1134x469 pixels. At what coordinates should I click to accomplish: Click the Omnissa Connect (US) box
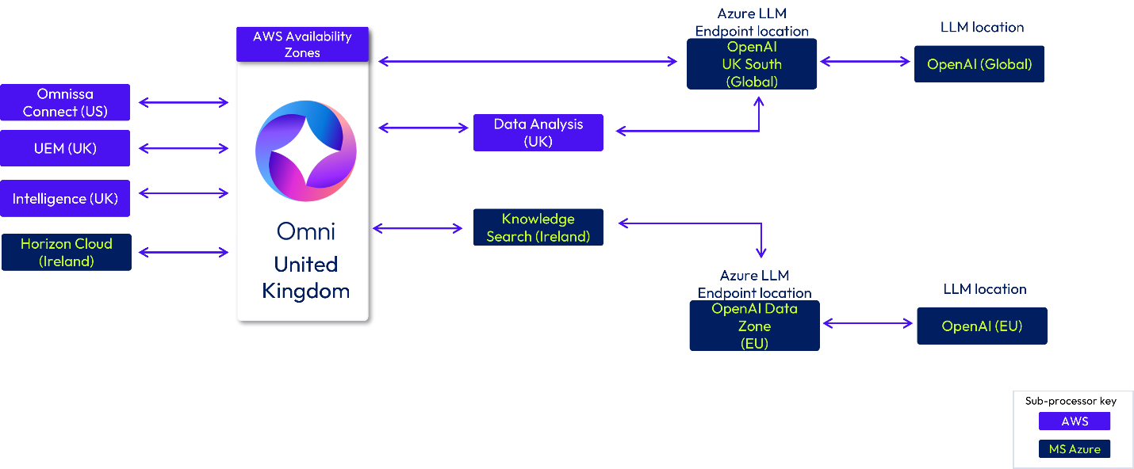click(65, 103)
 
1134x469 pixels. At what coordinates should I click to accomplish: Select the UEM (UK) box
click(65, 148)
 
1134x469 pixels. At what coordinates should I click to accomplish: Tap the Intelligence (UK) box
click(65, 199)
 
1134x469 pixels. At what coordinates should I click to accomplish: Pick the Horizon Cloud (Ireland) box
click(67, 253)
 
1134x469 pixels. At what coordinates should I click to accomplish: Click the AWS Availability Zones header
click(302, 44)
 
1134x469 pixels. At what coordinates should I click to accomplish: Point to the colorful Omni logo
click(305, 151)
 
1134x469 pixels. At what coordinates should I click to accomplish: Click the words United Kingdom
click(306, 277)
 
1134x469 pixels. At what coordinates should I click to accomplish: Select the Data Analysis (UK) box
click(538, 132)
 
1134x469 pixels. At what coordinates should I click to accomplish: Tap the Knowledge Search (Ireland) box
click(538, 227)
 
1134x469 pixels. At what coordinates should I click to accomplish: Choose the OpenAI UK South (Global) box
click(752, 64)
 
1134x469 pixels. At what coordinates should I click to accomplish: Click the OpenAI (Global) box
click(979, 64)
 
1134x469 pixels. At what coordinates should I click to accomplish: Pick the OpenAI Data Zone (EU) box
click(754, 326)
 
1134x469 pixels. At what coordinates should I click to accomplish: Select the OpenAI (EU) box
click(982, 326)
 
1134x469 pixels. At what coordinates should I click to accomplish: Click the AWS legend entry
click(1075, 421)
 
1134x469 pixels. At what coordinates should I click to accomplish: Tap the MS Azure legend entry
click(1075, 449)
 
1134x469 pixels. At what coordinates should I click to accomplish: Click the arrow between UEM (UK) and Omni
click(183, 148)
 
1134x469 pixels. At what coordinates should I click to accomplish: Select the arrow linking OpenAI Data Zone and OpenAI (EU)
click(868, 323)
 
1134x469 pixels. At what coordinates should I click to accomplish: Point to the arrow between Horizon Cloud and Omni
click(183, 253)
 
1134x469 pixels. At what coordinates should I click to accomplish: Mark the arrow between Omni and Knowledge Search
click(418, 228)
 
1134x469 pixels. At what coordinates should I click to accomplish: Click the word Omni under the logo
click(306, 231)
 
